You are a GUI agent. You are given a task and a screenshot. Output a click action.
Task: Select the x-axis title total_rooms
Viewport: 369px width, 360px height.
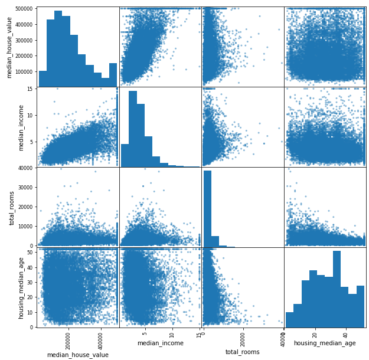242,352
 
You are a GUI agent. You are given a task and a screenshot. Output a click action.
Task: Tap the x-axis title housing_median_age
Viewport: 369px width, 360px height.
324,343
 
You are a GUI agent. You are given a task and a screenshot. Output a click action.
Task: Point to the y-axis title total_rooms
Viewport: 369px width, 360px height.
12,208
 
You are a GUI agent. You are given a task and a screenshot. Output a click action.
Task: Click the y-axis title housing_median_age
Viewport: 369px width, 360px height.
22,288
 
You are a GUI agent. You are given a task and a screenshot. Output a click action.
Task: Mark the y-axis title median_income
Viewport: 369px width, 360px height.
22,127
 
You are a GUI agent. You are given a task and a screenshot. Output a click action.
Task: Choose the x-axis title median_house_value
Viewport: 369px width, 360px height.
77,355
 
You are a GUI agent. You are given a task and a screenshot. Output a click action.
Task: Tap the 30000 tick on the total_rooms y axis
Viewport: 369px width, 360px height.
24,188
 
